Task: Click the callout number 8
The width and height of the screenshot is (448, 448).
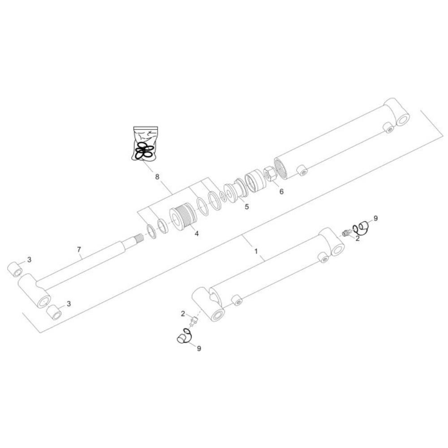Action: pyautogui.click(x=157, y=177)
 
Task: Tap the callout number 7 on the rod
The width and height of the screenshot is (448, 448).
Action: pyautogui.click(x=79, y=250)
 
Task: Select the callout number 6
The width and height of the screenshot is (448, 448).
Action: pyautogui.click(x=281, y=191)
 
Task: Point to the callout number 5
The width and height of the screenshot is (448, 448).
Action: pyautogui.click(x=246, y=206)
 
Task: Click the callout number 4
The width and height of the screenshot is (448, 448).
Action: pyautogui.click(x=197, y=233)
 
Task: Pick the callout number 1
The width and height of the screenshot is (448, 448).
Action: pyautogui.click(x=256, y=251)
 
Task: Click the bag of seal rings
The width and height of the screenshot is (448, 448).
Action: pyautogui.click(x=145, y=144)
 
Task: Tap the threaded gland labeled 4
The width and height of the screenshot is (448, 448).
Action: pyautogui.click(x=183, y=219)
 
